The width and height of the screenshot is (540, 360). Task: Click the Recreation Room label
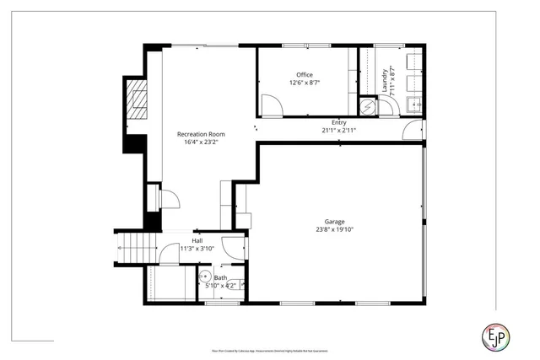(x=200, y=134)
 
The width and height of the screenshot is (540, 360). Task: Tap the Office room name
(x=304, y=75)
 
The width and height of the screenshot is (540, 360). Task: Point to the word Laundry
(x=385, y=79)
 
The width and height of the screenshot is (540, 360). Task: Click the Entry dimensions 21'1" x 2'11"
(x=338, y=131)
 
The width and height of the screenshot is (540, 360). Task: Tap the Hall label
(x=197, y=240)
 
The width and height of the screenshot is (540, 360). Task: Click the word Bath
(x=220, y=278)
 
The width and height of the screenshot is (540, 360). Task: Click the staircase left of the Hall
(x=135, y=248)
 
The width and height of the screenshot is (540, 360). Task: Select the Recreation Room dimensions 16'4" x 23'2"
(x=200, y=142)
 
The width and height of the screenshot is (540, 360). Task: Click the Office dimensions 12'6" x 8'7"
(x=304, y=83)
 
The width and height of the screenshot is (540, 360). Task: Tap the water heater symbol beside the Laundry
(x=367, y=106)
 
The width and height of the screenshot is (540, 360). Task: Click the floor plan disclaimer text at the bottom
(x=270, y=350)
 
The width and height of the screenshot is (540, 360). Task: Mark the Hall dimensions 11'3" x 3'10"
(x=197, y=249)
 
